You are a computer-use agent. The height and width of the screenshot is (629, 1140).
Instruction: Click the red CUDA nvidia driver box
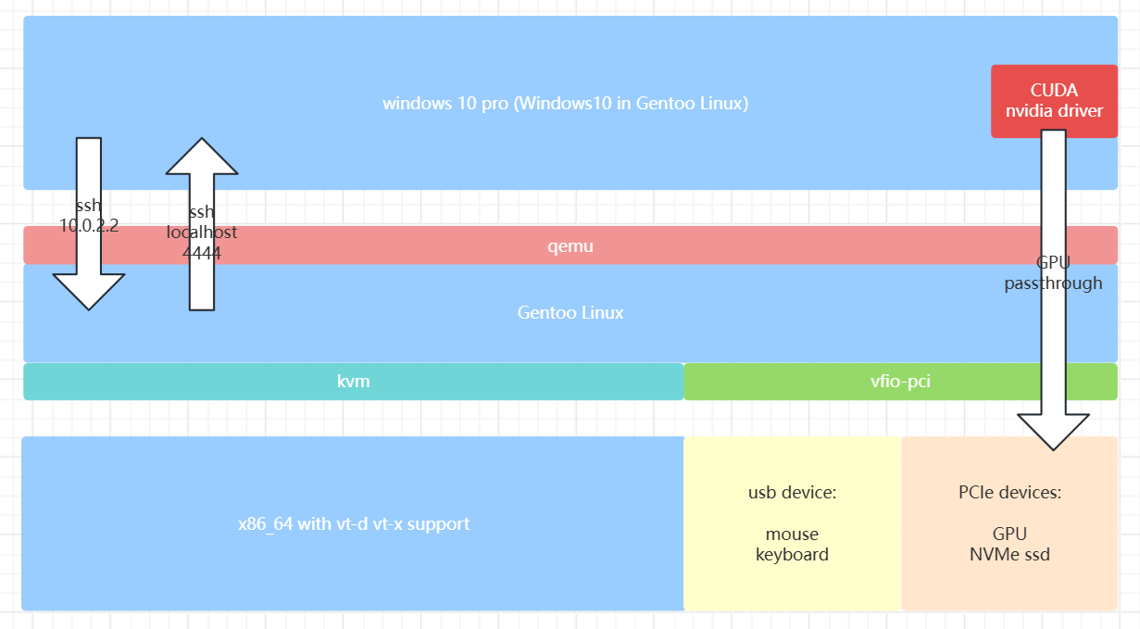tap(1054, 101)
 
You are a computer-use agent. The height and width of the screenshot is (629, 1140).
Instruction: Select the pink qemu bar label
tap(570, 246)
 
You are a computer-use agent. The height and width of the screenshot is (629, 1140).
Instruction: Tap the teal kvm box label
tap(354, 382)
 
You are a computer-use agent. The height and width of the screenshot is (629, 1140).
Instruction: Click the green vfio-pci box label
tap(900, 382)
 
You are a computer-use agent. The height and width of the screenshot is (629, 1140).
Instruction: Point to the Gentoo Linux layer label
tap(570, 313)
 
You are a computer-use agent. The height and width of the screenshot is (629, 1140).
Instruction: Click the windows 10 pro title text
tap(565, 103)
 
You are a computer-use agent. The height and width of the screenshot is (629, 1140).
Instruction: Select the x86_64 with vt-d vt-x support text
tap(353, 524)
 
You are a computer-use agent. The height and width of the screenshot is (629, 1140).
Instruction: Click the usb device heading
tap(792, 493)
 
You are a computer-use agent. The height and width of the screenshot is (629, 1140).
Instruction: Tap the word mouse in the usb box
tap(792, 535)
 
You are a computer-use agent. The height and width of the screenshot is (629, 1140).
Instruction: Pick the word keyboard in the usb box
tap(792, 555)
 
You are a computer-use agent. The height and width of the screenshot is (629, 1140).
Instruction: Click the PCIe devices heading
tap(1009, 493)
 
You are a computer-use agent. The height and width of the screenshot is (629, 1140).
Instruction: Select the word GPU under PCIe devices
tap(1009, 535)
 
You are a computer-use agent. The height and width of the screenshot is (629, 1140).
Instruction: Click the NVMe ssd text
tap(1009, 555)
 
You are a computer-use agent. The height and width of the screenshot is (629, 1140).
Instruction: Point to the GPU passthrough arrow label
tap(1053, 273)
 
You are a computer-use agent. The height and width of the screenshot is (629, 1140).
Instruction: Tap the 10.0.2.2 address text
tap(89, 225)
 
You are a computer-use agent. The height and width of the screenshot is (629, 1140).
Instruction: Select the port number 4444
tap(201, 252)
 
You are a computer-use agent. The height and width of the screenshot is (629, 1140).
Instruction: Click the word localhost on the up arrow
tap(201, 233)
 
